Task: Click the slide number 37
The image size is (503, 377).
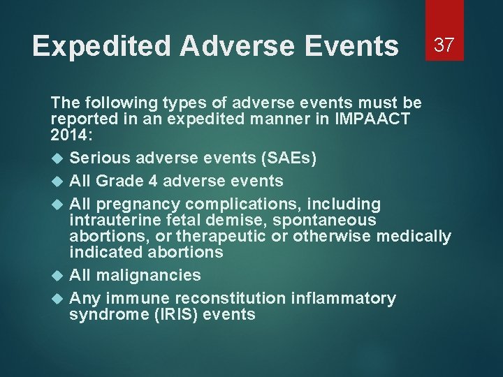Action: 444,45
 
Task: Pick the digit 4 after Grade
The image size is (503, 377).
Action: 153,181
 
